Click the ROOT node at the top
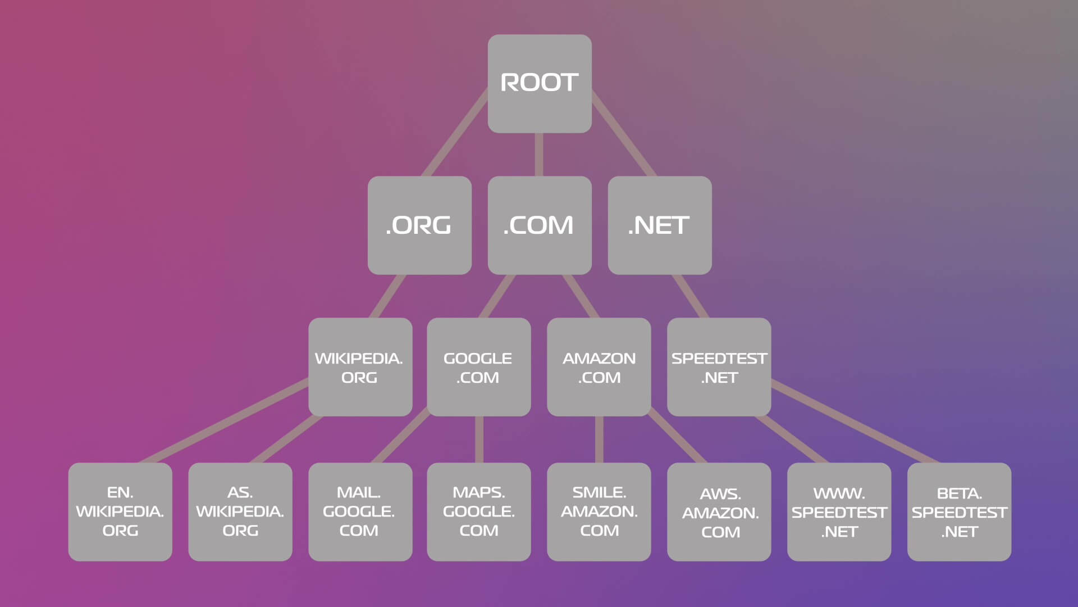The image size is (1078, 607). pos(539,84)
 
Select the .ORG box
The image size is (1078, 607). pos(419,225)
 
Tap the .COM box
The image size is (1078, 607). pos(539,225)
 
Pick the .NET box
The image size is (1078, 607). pos(659,225)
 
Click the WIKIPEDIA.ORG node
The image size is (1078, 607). pos(360,367)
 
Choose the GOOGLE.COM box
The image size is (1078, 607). pos(478,367)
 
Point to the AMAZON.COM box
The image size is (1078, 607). pos(599,367)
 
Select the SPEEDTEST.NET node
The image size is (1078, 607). pos(719,367)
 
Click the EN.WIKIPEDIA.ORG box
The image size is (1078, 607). pos(120,511)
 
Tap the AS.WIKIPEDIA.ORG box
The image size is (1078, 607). pos(240,511)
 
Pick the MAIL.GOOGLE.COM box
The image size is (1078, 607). pos(360,511)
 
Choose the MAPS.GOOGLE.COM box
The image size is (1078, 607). pos(478,511)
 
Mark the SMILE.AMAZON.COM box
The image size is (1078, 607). pos(599,511)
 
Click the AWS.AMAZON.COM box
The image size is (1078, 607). pos(719,511)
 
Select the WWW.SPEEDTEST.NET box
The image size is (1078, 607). pos(839,511)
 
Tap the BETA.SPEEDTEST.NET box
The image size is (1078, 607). pos(959,511)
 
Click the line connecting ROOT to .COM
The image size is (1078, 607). pos(539,155)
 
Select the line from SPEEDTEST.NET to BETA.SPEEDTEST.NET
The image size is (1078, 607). pos(853,423)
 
